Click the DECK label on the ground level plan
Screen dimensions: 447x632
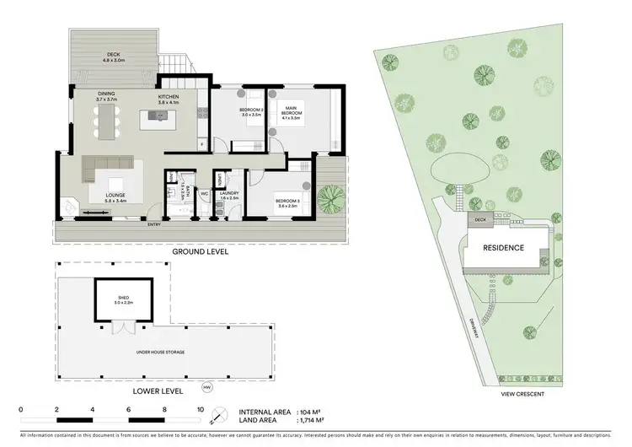tap(113, 56)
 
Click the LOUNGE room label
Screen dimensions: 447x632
tap(115, 197)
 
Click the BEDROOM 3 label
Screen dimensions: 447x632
tap(289, 200)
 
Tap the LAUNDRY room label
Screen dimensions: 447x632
tap(229, 193)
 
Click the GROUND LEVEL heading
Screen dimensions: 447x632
tap(201, 251)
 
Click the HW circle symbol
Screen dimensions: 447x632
tap(206, 388)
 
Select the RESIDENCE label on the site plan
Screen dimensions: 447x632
tap(503, 248)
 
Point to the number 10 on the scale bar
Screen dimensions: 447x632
tap(201, 408)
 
